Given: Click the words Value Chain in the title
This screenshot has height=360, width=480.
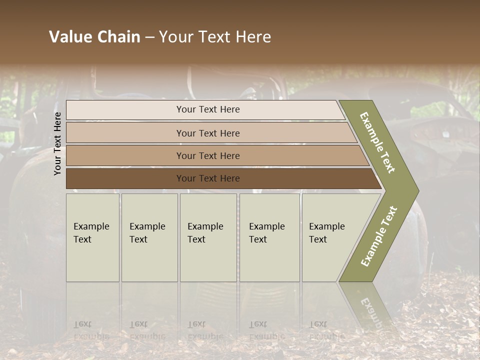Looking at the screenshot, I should coord(94,37).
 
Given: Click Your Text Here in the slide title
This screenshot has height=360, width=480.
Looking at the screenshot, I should coord(215,37).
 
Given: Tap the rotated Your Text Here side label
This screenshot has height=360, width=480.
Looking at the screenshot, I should coord(57,143).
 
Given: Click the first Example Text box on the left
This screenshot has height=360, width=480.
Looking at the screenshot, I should coord(92,237).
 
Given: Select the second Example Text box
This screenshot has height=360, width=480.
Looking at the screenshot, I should coord(149,237).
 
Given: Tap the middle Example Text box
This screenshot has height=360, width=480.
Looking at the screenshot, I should coord(208,237).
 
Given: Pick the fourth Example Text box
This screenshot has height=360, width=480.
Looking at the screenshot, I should coord(269,237).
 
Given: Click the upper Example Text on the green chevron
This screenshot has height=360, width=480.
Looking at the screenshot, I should coord(377,142).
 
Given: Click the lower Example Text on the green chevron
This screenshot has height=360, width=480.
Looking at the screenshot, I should coord(379,236).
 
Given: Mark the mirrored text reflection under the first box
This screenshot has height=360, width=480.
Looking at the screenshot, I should coord(91,330).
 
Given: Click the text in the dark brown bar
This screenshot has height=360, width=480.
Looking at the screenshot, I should coord(208,178).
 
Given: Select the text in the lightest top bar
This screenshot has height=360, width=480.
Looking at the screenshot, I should coord(208,109).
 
